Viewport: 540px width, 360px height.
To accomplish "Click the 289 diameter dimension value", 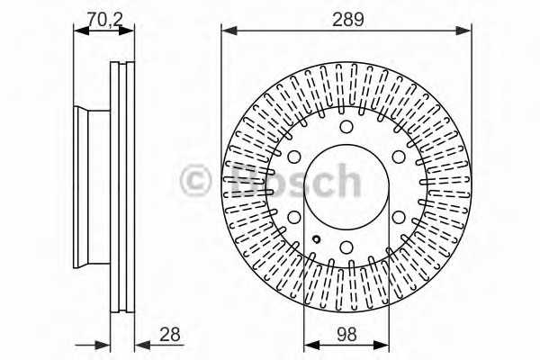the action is (x=347, y=19).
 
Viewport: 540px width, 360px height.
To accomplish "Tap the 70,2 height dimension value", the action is (x=104, y=19).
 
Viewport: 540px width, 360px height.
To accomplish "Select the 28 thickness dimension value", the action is (x=170, y=334).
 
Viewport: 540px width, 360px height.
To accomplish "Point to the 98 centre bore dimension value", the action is (x=346, y=334).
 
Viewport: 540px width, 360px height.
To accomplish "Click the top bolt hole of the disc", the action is (x=346, y=126).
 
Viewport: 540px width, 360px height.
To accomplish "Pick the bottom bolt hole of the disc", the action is (x=346, y=247).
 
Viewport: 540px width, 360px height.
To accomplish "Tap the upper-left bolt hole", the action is (x=293, y=157).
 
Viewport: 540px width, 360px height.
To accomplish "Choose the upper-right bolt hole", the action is (x=399, y=157).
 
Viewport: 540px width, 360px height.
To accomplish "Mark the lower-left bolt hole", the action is (x=293, y=217).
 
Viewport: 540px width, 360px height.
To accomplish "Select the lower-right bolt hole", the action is (x=399, y=217).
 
